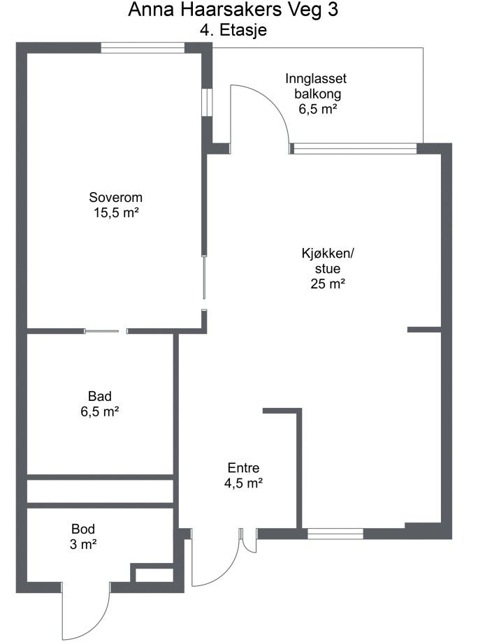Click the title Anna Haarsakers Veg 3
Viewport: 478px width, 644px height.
[x=233, y=10]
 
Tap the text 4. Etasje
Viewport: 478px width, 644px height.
[x=233, y=30]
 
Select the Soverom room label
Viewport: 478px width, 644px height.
[x=116, y=197]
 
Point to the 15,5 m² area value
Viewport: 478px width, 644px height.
[x=116, y=213]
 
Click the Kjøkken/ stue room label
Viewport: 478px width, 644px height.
[x=328, y=261]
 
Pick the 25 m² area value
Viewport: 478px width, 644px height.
[x=328, y=284]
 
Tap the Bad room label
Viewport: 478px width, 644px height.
[x=100, y=396]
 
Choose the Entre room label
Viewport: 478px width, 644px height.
[x=243, y=468]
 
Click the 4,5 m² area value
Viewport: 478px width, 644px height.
[x=243, y=483]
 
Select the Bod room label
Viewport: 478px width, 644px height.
[x=83, y=529]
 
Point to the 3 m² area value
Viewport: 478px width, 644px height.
[x=83, y=544]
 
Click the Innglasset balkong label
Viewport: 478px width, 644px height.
[x=316, y=86]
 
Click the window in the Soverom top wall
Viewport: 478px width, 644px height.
[x=143, y=48]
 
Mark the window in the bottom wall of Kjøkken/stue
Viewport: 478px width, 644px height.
[x=335, y=534]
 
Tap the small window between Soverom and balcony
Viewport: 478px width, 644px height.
[x=207, y=102]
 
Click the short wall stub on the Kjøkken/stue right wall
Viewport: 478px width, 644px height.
[x=424, y=330]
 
